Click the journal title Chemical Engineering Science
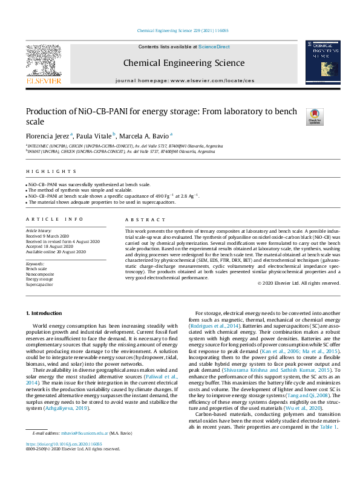point(184,63)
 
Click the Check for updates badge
point(315,117)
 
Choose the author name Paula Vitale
point(93,136)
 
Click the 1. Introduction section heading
point(45,313)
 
